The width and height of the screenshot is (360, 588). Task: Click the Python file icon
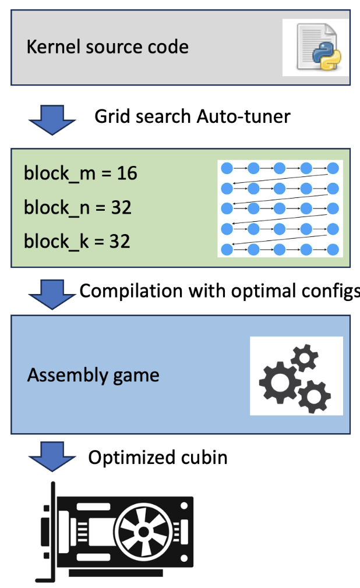316,47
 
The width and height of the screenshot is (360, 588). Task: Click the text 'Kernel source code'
107,47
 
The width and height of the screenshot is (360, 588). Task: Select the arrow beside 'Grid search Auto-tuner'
52,118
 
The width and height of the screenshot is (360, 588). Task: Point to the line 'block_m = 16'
80,173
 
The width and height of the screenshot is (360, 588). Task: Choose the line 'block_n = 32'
77,207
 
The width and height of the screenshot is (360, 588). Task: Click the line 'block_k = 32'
77,241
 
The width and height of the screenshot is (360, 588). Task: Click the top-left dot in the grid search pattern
227,168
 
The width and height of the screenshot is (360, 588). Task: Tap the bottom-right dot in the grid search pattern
333,249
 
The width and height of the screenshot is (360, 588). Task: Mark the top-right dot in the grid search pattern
333,168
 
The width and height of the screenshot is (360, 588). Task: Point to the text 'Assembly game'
93,375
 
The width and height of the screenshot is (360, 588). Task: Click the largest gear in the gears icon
279,379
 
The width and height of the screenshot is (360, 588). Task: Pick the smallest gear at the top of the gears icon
305,356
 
